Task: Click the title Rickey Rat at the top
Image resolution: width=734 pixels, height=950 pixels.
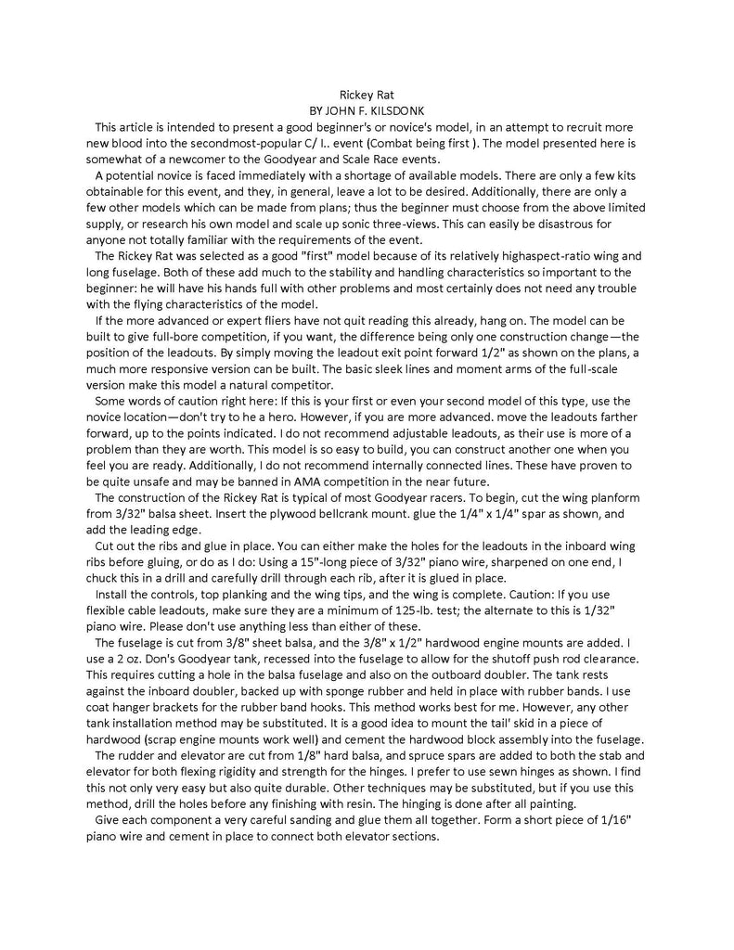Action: click(x=367, y=96)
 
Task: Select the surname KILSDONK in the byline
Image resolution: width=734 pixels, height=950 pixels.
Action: click(x=400, y=110)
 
